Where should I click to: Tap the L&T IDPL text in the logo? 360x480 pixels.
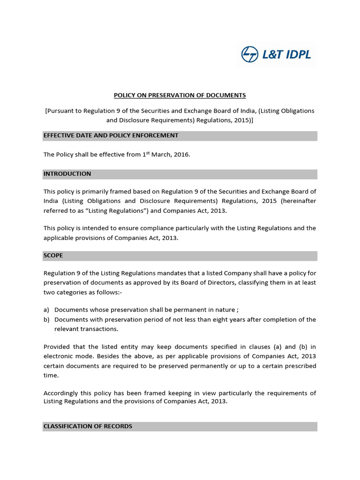pos(286,54)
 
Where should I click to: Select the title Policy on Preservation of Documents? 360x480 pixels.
pos(180,95)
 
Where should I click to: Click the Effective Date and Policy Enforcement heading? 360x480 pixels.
pos(111,135)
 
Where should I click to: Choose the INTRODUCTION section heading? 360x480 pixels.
pos(67,174)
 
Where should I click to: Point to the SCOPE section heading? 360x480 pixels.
pos(53,255)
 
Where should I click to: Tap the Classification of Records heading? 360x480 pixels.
pos(88,426)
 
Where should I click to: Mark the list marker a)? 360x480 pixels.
pos(46,310)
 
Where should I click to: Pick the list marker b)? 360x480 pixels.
pos(46,319)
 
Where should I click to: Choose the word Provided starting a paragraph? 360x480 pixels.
pos(57,347)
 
